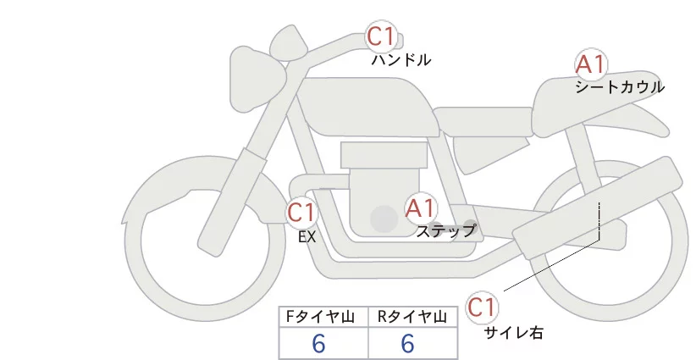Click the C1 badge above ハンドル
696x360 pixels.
tap(380, 36)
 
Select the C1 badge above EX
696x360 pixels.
tap(301, 211)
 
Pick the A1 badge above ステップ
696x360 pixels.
tap(420, 207)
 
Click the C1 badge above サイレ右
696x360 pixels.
tap(481, 307)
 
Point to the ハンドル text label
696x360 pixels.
tap(401, 60)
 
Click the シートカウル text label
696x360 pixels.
tap(619, 86)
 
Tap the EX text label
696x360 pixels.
tap(307, 236)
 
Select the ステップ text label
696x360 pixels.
tap(446, 230)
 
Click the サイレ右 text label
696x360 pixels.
tap(514, 333)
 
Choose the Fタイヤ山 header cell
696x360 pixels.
tap(323, 317)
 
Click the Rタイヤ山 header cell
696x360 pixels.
tap(413, 317)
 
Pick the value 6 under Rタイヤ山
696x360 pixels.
tap(407, 343)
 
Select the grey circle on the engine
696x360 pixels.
tap(384, 219)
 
